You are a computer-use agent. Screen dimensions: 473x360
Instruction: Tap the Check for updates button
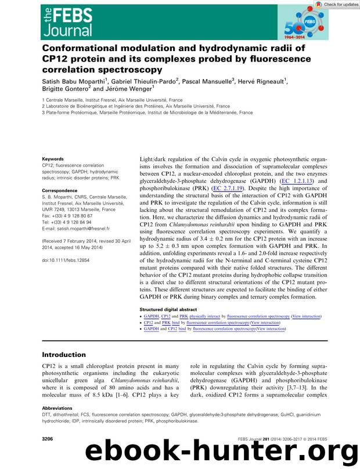coord(337,5)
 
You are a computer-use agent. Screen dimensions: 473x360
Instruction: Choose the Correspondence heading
coord(61,189)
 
